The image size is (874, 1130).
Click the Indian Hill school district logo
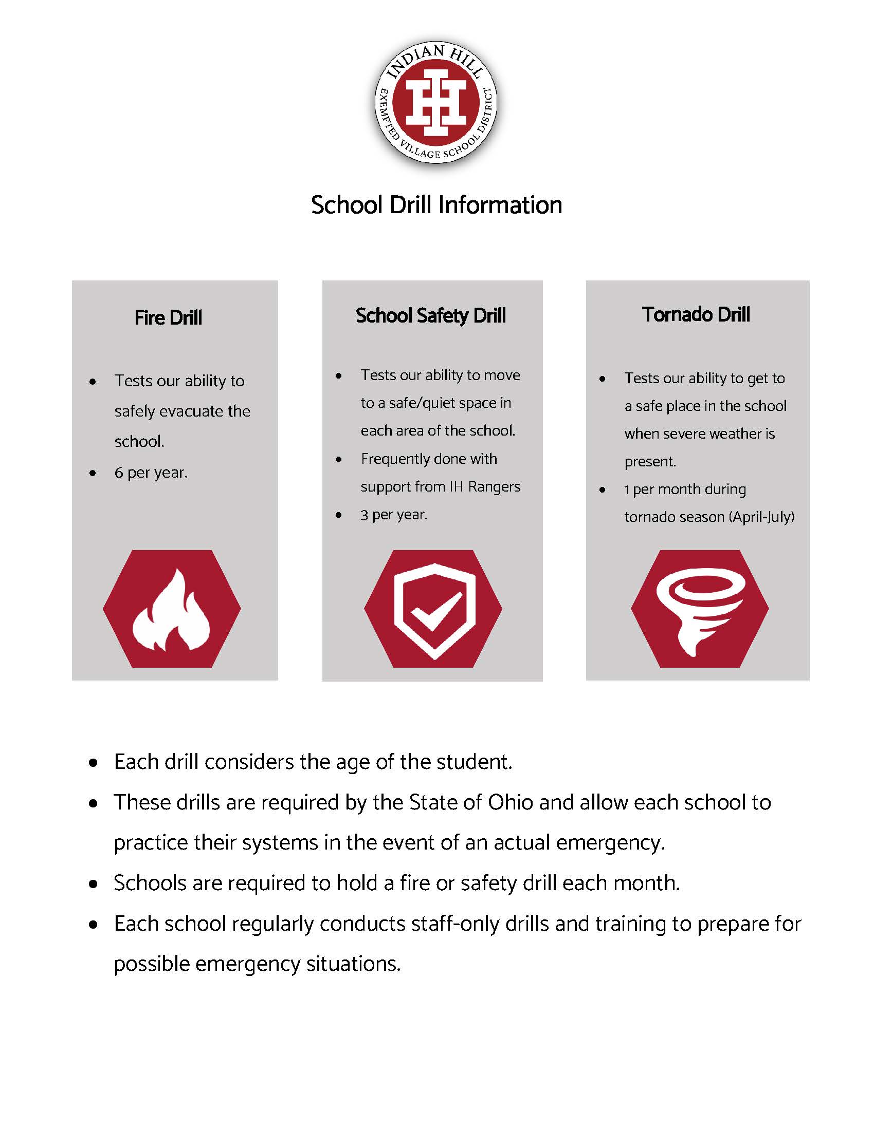coord(436,102)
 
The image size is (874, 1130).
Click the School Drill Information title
coord(436,205)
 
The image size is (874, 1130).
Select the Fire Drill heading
coord(168,317)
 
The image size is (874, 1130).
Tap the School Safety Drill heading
coord(431,315)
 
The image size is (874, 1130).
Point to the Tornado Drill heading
coord(696,314)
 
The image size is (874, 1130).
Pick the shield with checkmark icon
coord(434,611)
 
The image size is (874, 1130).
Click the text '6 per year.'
coord(151,473)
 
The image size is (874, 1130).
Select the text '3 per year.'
coord(394,515)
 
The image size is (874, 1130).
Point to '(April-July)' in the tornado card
coord(761,517)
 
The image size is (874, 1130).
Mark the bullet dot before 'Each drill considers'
coord(93,763)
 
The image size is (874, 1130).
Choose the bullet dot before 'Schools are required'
coord(93,884)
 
